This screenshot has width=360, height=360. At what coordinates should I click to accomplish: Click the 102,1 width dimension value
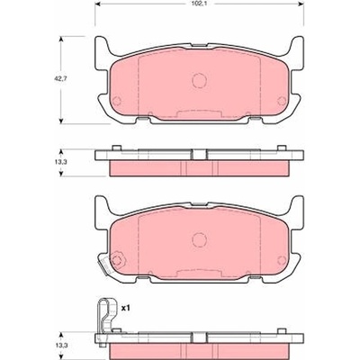(x=199, y=4)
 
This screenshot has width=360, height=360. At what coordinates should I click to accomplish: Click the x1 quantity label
(x=125, y=308)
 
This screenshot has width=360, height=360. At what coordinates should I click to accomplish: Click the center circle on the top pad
(x=199, y=80)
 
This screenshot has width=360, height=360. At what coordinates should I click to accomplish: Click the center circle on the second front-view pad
(x=199, y=239)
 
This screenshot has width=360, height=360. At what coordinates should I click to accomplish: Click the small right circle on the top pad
(x=282, y=101)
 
